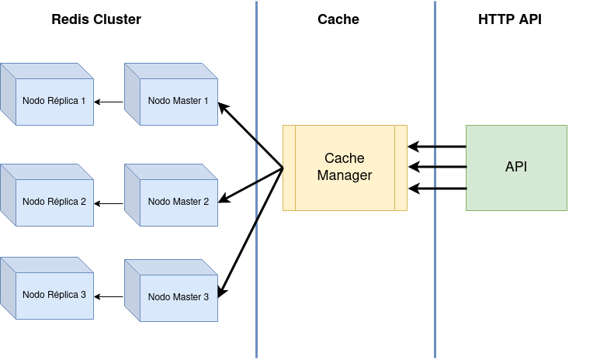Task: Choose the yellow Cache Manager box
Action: (x=345, y=168)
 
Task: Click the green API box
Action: (x=516, y=168)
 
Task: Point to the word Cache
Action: (x=345, y=158)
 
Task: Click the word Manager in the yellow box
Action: (x=345, y=176)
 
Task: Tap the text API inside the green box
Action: (x=516, y=167)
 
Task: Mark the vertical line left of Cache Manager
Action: (x=256, y=78)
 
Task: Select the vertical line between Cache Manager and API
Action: (x=435, y=78)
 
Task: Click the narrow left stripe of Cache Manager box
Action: (x=289, y=168)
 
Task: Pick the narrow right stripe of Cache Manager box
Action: (x=401, y=168)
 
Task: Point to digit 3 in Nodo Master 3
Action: (x=206, y=297)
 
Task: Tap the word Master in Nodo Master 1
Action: (x=186, y=101)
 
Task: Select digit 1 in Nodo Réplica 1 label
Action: (x=83, y=101)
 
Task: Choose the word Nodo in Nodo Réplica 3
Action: (x=33, y=295)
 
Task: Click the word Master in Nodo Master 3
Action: (x=186, y=297)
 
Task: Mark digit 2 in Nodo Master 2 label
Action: (x=206, y=202)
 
